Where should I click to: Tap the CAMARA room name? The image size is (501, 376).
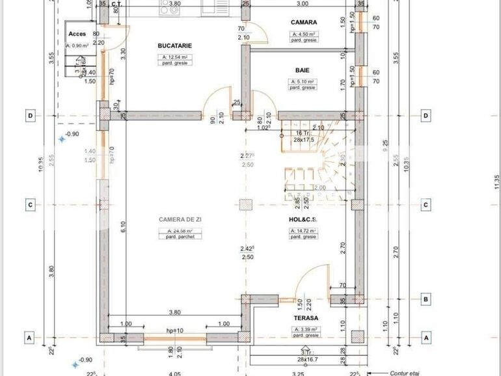pos(303,22)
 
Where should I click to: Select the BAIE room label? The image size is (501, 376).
pos(302,70)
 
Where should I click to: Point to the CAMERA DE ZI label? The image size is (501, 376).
pos(176,219)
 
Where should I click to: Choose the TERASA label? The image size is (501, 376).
pos(305,318)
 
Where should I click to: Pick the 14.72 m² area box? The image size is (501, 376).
pos(303,231)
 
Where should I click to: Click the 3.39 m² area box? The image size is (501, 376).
pos(305,330)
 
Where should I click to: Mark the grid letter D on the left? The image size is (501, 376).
pos(30,116)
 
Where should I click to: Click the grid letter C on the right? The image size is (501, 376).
pos(426,205)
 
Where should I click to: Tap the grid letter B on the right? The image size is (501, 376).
pos(426,300)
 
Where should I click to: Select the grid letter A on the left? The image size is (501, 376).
pos(30,338)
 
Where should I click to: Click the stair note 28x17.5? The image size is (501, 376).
pos(303,139)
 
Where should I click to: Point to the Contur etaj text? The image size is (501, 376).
pos(407,373)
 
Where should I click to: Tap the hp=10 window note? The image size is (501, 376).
pos(175,331)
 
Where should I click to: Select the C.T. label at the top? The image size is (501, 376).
pos(116,4)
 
